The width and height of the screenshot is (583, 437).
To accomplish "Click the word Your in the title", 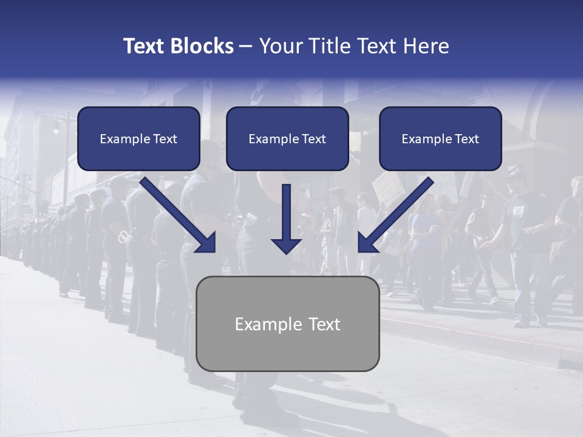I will click(x=281, y=46).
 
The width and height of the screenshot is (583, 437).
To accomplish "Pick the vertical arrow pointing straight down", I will click(x=286, y=212).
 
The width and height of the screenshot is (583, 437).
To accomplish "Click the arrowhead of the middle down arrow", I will click(x=286, y=245).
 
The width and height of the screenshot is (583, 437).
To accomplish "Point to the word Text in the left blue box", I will click(x=165, y=139).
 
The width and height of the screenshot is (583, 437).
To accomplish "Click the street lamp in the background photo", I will click(x=56, y=129).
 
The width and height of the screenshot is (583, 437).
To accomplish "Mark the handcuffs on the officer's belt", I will click(x=123, y=236).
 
